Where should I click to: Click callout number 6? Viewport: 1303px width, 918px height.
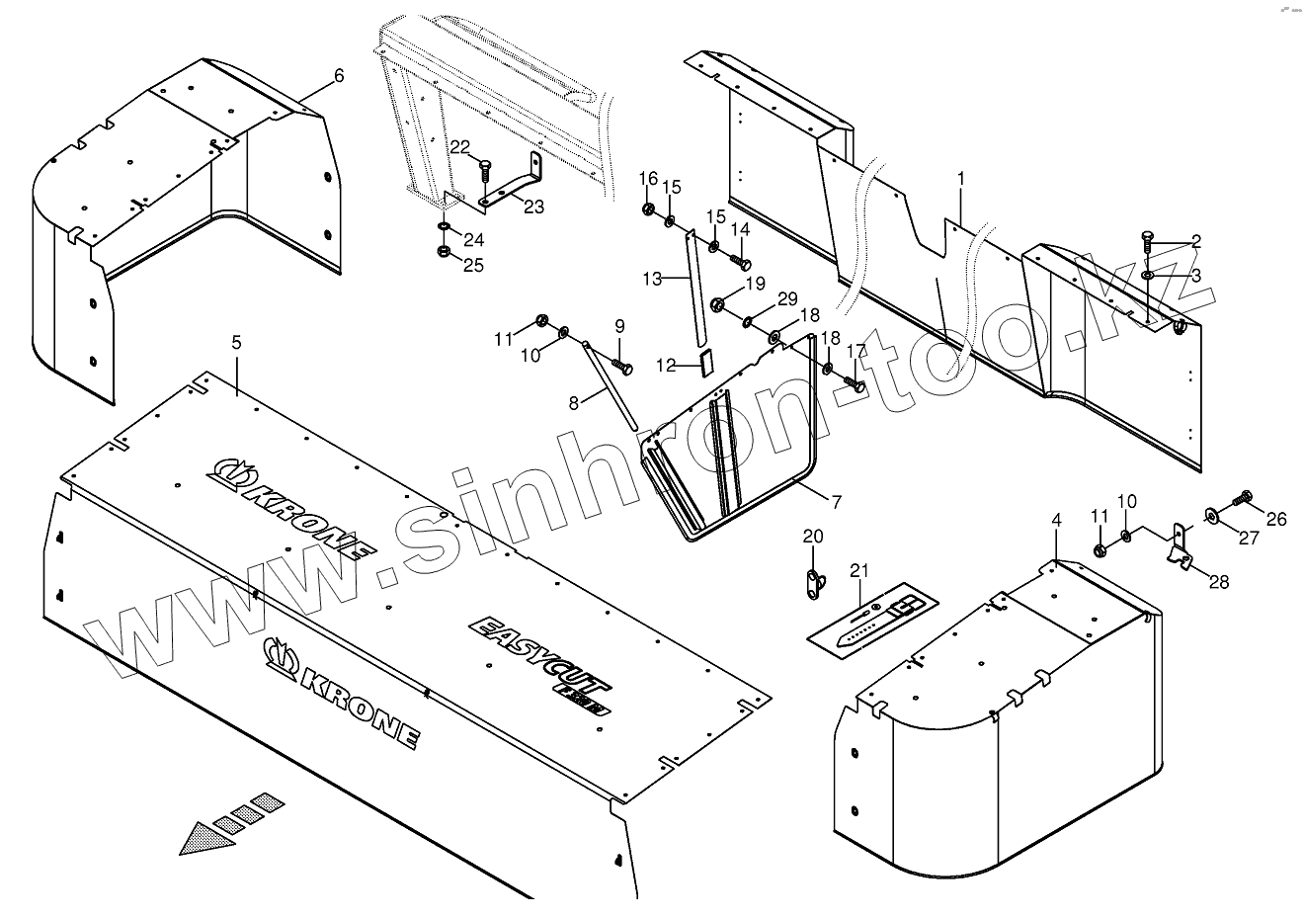tap(339, 76)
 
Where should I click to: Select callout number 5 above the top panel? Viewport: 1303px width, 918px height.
tap(236, 343)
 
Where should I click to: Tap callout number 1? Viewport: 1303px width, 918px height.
tap(960, 179)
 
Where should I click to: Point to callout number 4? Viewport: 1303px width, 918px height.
tap(1055, 520)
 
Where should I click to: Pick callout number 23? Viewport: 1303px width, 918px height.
tap(533, 207)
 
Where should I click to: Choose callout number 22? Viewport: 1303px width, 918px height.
tap(460, 147)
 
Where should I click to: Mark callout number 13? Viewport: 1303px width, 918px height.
tap(651, 280)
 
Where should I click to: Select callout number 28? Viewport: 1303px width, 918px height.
tap(1219, 582)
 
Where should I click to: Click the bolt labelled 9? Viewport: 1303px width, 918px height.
tap(622, 367)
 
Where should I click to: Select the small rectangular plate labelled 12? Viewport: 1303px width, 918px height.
tap(705, 363)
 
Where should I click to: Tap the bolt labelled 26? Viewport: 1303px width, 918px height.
tap(1243, 497)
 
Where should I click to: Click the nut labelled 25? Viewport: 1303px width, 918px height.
tap(445, 254)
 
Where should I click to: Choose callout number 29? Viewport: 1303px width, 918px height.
tap(786, 298)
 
